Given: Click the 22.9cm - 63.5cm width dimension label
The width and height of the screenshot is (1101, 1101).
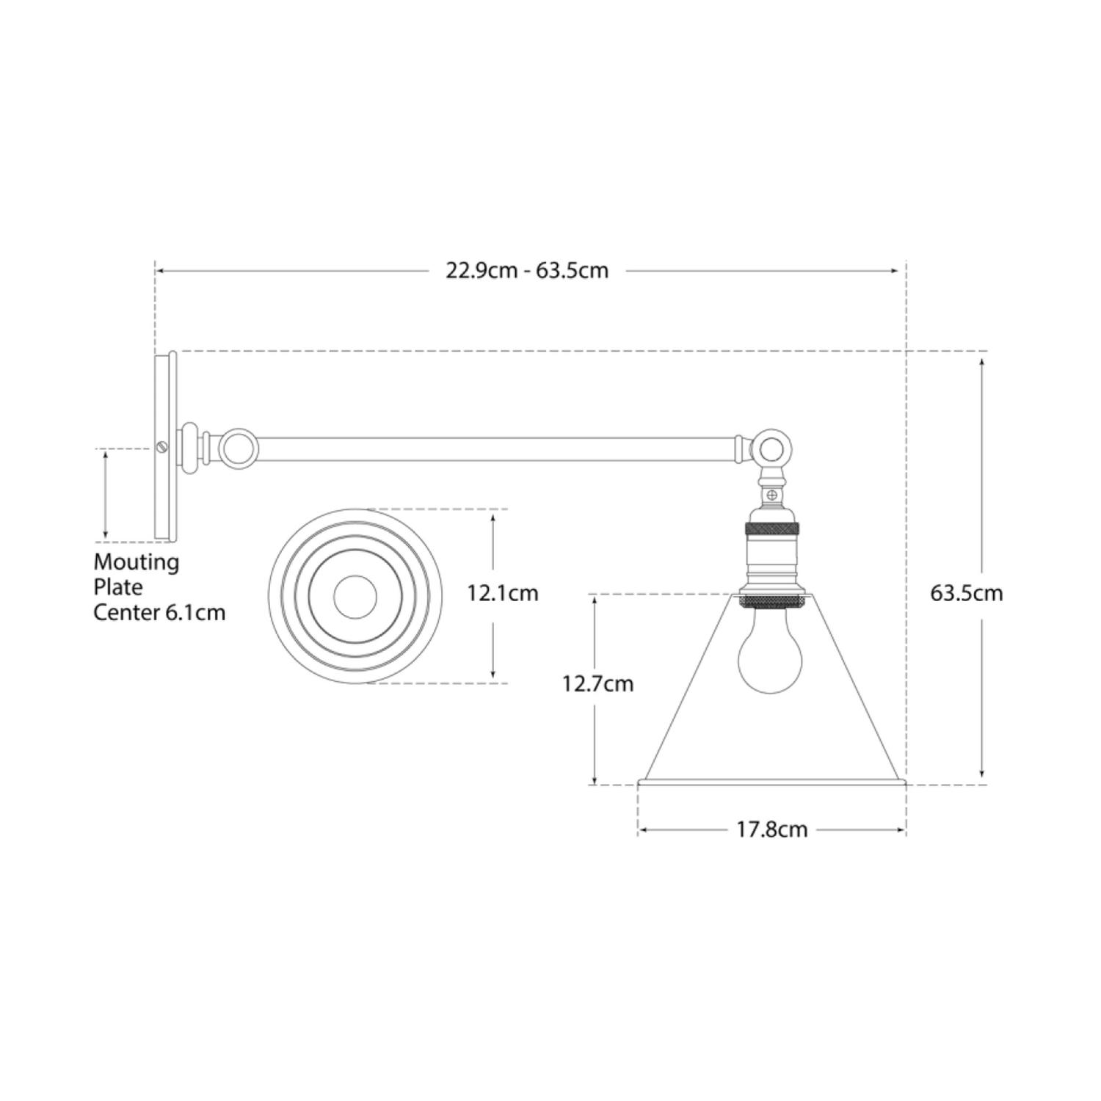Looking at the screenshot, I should tap(527, 271).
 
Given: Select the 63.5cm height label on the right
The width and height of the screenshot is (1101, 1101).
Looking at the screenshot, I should tap(966, 593).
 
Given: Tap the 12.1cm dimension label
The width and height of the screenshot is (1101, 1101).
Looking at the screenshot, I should tap(503, 593).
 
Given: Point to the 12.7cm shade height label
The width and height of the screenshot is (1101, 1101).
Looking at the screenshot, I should tap(597, 684).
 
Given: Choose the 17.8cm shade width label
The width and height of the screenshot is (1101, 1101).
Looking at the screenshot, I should tap(771, 829).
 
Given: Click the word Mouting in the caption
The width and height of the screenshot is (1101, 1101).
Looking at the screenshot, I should tap(136, 562).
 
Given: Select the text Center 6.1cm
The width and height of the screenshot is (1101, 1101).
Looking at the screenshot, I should tap(159, 612).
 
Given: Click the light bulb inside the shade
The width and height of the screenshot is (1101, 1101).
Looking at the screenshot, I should tap(770, 657).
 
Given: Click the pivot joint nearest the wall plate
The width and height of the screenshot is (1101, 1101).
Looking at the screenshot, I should tap(239, 447).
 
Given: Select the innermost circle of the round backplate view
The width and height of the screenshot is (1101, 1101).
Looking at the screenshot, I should tap(355, 596).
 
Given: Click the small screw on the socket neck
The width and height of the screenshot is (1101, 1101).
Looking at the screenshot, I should tap(771, 497).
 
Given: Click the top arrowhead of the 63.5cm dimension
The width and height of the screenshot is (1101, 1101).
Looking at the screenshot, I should tap(981, 362).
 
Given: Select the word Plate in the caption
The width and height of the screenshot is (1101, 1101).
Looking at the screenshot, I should tap(117, 587).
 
